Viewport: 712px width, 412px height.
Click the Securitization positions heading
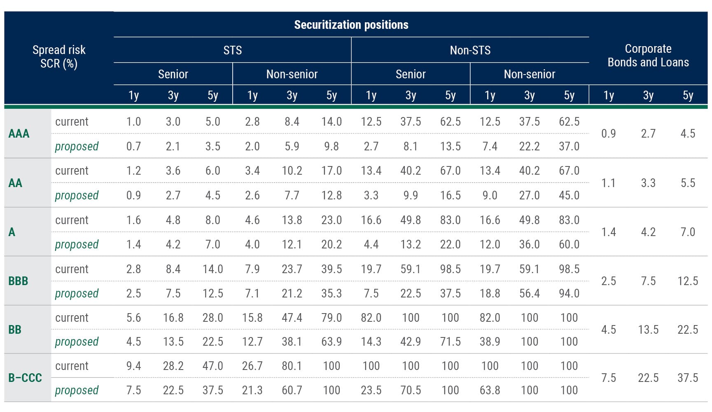tap(351, 25)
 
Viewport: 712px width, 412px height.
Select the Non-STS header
tap(470, 50)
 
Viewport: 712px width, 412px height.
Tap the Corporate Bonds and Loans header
tap(648, 56)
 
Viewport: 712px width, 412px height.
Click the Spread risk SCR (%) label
tap(59, 56)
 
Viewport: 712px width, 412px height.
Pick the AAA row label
tap(19, 133)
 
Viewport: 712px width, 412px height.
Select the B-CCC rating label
tap(25, 378)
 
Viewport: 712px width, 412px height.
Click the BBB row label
tap(18, 281)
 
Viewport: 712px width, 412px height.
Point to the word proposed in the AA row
tap(77, 195)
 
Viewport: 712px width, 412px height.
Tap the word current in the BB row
tap(72, 318)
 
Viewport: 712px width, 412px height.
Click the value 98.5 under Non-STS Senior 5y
tap(450, 269)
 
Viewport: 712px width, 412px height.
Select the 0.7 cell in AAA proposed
tap(133, 146)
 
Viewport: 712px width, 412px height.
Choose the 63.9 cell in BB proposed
tap(331, 342)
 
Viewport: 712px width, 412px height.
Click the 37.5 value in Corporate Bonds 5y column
tap(687, 378)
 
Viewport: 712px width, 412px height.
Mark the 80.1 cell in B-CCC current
tap(292, 366)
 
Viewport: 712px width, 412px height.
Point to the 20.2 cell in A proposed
tap(331, 244)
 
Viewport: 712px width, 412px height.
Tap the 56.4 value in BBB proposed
tap(529, 293)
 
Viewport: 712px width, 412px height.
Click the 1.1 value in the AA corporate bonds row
tap(608, 183)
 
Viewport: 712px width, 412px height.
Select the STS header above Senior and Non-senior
tap(232, 50)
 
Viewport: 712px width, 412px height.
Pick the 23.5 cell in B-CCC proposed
tap(371, 390)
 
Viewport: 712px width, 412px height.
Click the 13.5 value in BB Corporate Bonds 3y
tap(648, 330)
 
